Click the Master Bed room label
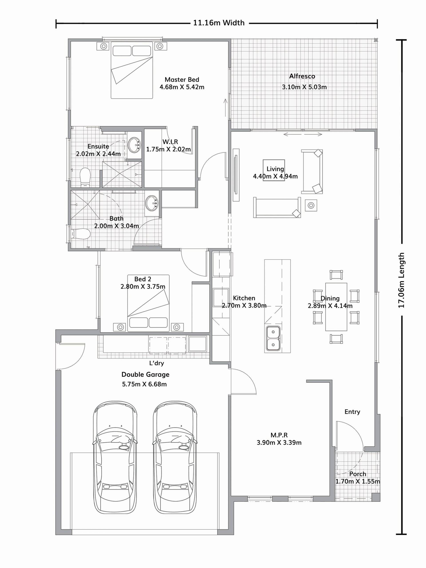pos(182,80)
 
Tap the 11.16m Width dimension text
pos(219,23)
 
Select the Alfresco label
pos(302,76)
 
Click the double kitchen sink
pos(273,338)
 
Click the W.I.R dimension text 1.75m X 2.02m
pos(168,149)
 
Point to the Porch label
pos(357,474)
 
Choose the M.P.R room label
pos(279,435)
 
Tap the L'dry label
pos(156,363)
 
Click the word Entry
pos(352,412)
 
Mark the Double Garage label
pos(145,374)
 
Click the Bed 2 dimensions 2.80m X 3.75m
pos(143,286)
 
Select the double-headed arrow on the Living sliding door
pos(303,134)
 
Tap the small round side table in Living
pos(311,205)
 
